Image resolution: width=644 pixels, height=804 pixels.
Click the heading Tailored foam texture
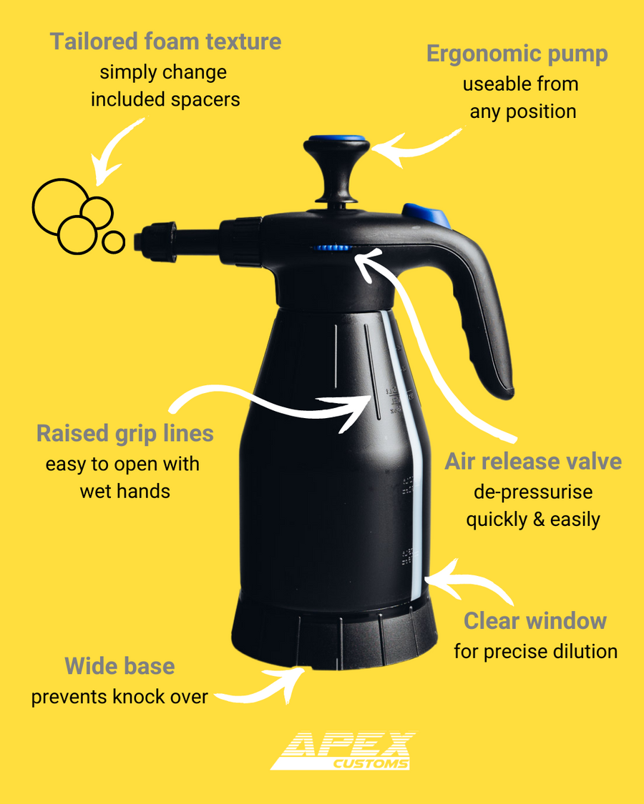pyautogui.click(x=165, y=41)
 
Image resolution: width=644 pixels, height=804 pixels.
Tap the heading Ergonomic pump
pyautogui.click(x=517, y=54)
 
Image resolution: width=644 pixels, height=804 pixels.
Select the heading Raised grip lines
pyautogui.click(x=125, y=434)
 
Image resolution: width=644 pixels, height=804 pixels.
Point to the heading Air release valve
pyautogui.click(x=533, y=462)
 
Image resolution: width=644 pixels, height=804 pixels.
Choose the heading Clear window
pyautogui.click(x=535, y=621)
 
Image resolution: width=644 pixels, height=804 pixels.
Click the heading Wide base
pyautogui.click(x=119, y=666)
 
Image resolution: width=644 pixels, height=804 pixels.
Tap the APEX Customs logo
pyautogui.click(x=343, y=750)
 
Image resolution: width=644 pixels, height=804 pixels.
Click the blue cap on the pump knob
pyautogui.click(x=337, y=139)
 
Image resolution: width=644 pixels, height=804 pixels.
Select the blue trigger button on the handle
pyautogui.click(x=426, y=214)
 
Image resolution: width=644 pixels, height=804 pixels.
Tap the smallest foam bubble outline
pyautogui.click(x=113, y=242)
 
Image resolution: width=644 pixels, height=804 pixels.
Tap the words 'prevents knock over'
pyautogui.click(x=119, y=697)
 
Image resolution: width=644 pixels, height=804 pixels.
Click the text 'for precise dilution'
pyautogui.click(x=536, y=652)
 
